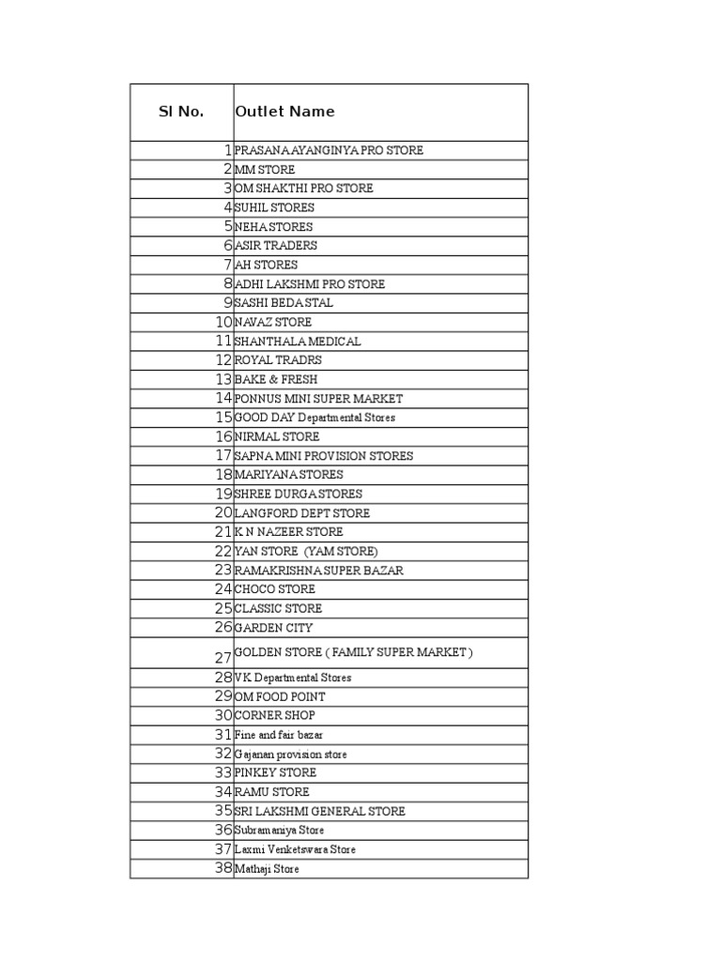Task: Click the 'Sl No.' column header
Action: [x=180, y=112]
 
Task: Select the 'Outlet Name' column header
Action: [x=284, y=112]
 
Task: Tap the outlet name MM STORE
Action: [x=265, y=170]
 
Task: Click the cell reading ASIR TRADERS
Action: [x=276, y=246]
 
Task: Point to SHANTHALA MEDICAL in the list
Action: [x=298, y=342]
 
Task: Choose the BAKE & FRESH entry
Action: [x=276, y=379]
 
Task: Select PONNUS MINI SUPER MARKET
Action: [x=318, y=399]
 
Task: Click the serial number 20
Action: [x=222, y=512]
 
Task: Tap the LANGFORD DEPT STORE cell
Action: [x=302, y=513]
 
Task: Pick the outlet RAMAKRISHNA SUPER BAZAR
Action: [x=319, y=571]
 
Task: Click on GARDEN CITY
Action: [x=274, y=628]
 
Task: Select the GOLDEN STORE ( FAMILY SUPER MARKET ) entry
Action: [x=354, y=652]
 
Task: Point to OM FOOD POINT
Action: [x=280, y=697]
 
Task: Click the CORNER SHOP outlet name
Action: [x=275, y=716]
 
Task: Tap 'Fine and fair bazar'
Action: [x=279, y=736]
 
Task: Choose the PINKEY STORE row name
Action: [x=276, y=773]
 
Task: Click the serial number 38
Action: [x=222, y=869]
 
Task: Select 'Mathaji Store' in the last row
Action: [x=268, y=870]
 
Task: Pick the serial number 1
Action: [x=227, y=150]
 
